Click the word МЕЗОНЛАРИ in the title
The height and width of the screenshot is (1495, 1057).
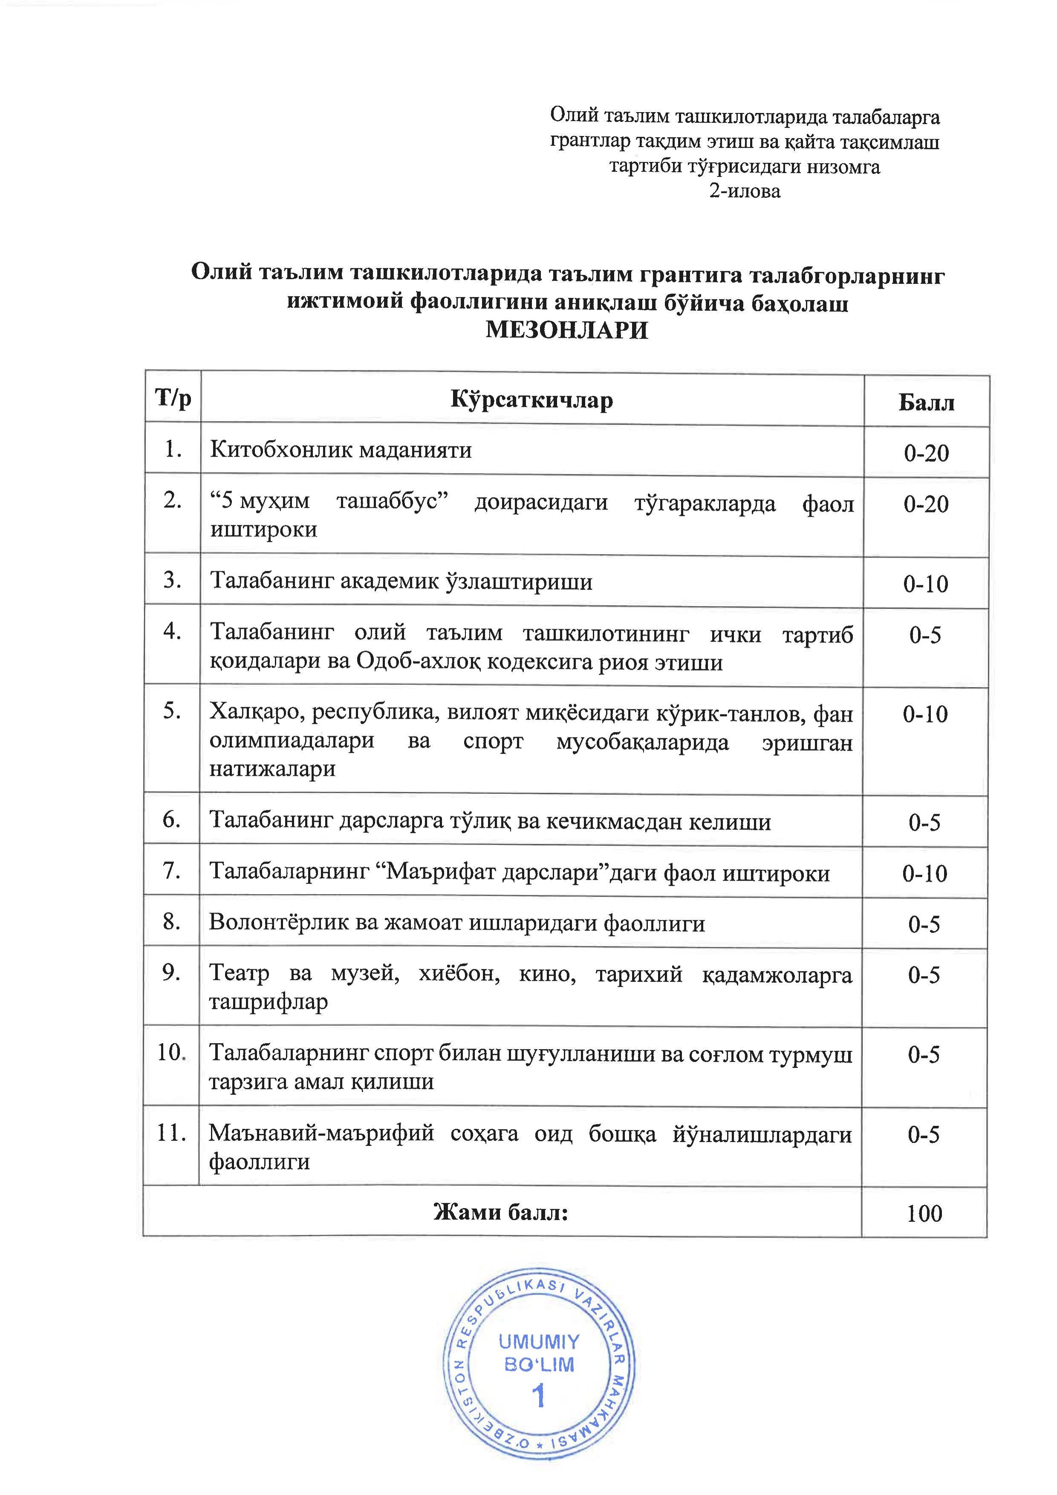[x=567, y=331]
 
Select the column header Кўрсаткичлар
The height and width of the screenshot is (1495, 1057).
[x=531, y=400]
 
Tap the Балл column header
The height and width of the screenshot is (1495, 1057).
[x=926, y=403]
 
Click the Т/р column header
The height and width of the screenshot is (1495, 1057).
[x=173, y=397]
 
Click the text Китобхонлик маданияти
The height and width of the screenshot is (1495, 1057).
[x=341, y=450]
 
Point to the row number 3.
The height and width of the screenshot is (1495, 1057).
[x=172, y=579]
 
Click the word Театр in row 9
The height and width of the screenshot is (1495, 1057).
[x=239, y=974]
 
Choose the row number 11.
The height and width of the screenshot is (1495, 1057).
[x=171, y=1133]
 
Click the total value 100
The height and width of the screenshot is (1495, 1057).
[x=924, y=1213]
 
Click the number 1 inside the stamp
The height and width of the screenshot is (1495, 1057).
[x=538, y=1396]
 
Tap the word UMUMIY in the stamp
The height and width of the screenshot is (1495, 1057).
[x=538, y=1342]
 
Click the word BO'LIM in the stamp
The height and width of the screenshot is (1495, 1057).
[x=539, y=1365]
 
